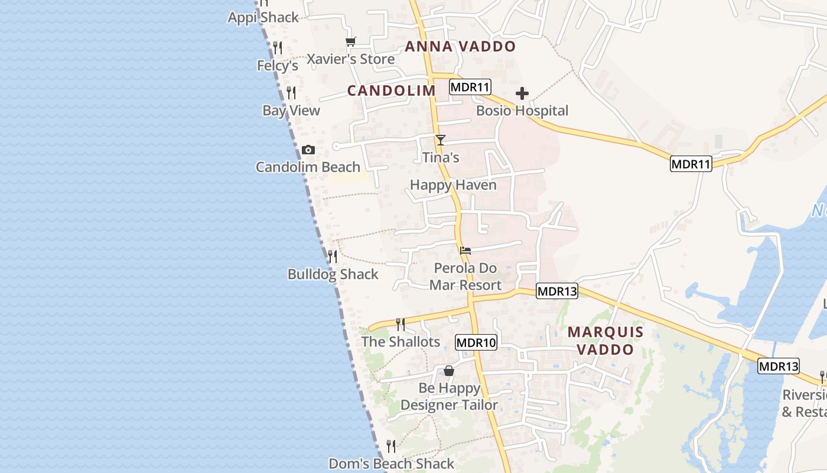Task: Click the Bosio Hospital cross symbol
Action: click(x=522, y=93)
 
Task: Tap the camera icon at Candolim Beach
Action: click(x=308, y=150)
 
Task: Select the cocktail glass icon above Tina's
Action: click(x=440, y=140)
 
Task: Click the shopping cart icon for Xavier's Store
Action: click(x=351, y=42)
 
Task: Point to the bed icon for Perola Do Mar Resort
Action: click(x=465, y=251)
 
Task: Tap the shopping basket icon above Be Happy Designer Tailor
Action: click(x=449, y=371)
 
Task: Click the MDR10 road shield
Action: click(x=476, y=342)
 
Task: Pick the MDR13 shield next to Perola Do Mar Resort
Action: click(x=557, y=291)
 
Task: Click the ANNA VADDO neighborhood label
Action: click(x=460, y=47)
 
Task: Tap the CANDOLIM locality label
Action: click(x=391, y=90)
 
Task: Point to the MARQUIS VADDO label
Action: click(x=605, y=341)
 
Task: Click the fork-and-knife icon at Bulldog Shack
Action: click(x=333, y=256)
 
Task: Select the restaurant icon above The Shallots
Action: click(x=401, y=324)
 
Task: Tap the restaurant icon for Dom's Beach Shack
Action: click(x=391, y=446)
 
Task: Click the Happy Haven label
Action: click(x=453, y=185)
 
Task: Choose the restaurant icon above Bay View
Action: click(x=291, y=93)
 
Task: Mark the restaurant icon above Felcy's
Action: click(x=278, y=48)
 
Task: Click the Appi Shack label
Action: click(x=263, y=18)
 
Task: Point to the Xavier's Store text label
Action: click(x=351, y=59)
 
